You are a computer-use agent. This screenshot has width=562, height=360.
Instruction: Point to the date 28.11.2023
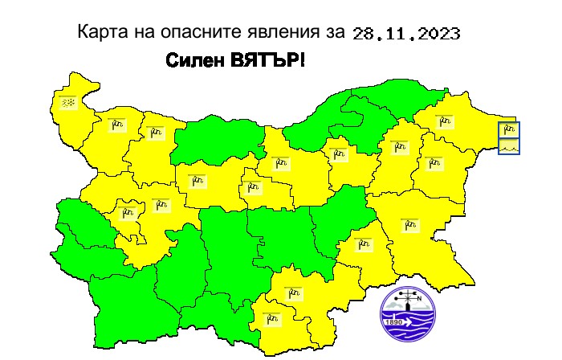click(406, 34)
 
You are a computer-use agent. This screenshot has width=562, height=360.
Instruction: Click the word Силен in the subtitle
click(193, 61)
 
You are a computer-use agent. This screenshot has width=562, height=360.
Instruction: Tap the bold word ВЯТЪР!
click(267, 61)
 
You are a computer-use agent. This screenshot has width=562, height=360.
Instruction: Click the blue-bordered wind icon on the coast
click(509, 129)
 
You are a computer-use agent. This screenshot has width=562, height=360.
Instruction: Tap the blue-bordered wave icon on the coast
click(509, 146)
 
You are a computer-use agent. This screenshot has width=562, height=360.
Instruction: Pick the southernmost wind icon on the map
click(273, 317)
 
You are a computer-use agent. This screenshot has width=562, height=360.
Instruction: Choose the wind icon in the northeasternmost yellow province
click(445, 122)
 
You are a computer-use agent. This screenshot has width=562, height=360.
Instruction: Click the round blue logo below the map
click(409, 309)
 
